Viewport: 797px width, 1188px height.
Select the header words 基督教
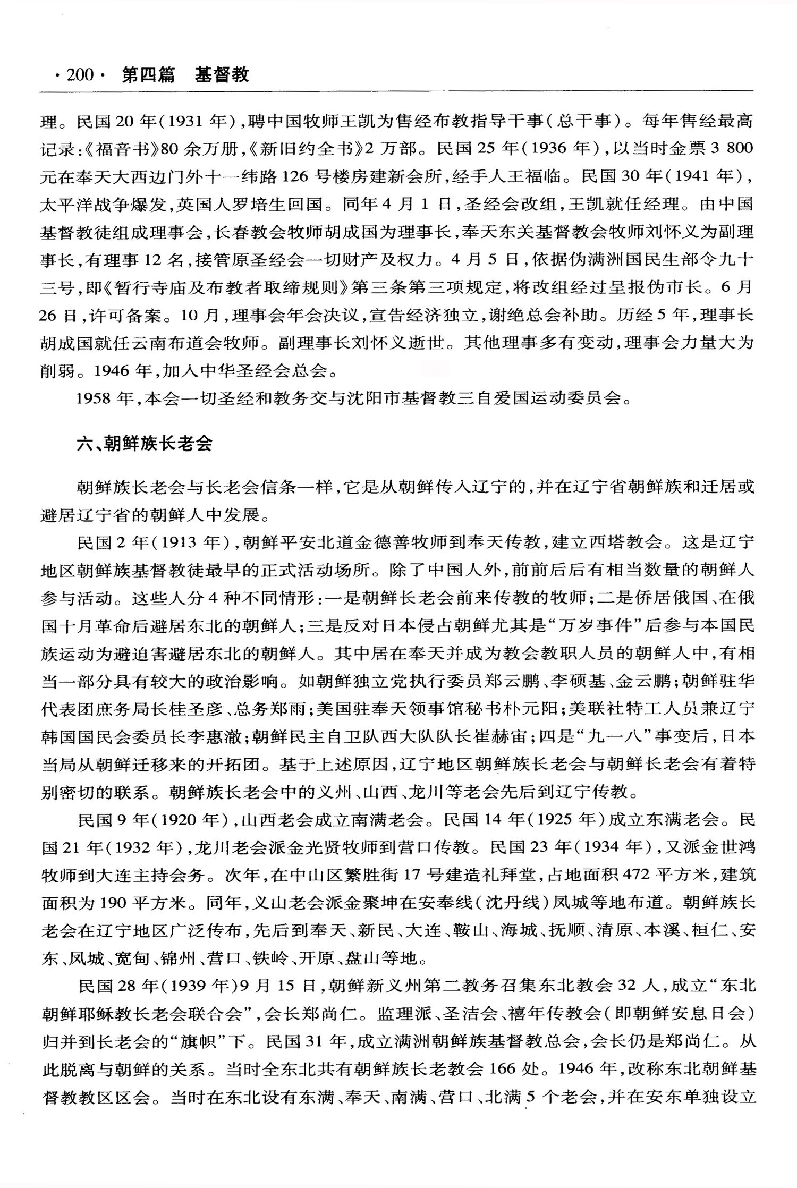222,75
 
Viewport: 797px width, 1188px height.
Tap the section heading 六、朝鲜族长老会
145,444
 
